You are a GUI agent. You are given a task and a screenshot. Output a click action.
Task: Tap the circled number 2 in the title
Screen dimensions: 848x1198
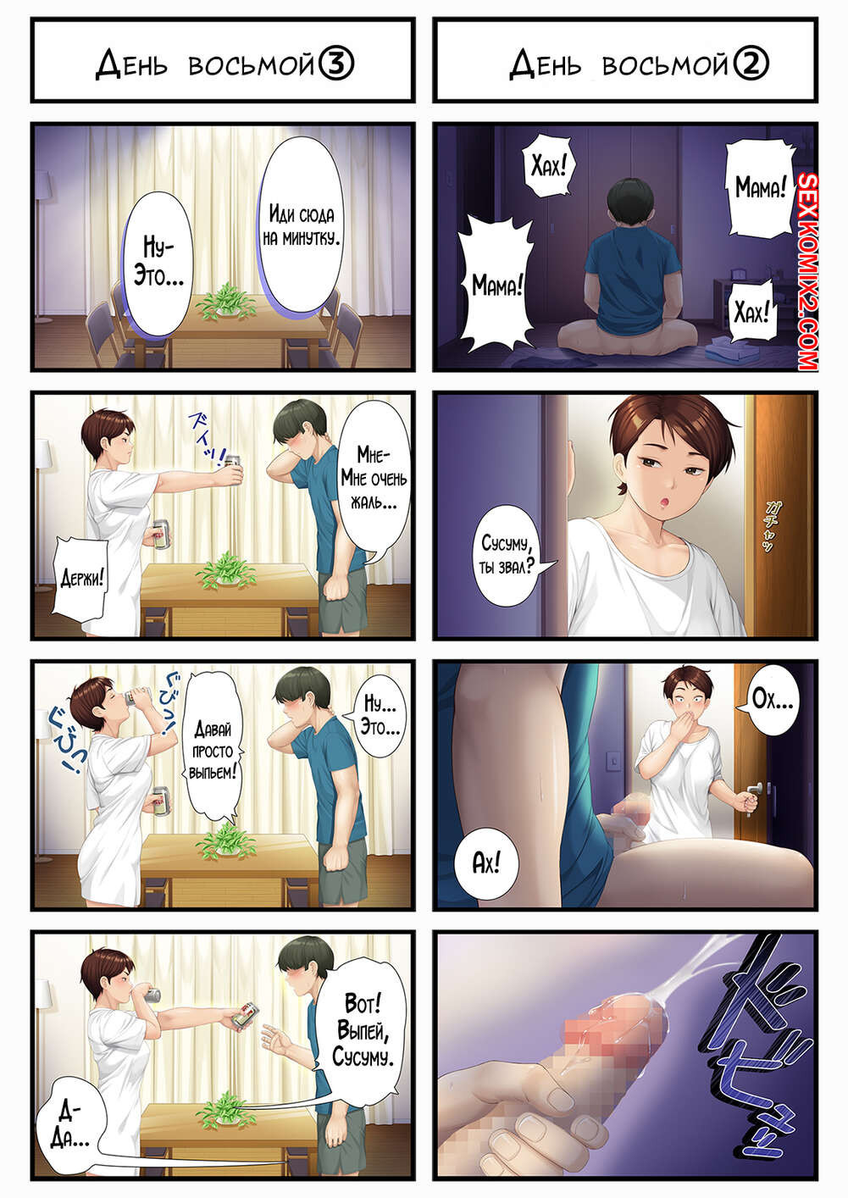[x=751, y=64]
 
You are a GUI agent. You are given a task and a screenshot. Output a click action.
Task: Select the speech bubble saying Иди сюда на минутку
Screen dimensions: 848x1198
[x=302, y=225]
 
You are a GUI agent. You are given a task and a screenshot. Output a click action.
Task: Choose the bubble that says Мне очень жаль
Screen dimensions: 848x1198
[x=374, y=480]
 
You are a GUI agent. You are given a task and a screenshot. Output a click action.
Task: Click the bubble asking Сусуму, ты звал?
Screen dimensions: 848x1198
[x=505, y=555]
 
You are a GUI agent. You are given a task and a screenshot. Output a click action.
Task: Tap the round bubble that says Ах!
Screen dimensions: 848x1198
[x=485, y=862]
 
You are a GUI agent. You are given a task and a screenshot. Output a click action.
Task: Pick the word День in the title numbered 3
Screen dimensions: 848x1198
[x=131, y=64]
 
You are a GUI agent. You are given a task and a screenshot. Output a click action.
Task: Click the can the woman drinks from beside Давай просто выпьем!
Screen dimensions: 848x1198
[x=137, y=696]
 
